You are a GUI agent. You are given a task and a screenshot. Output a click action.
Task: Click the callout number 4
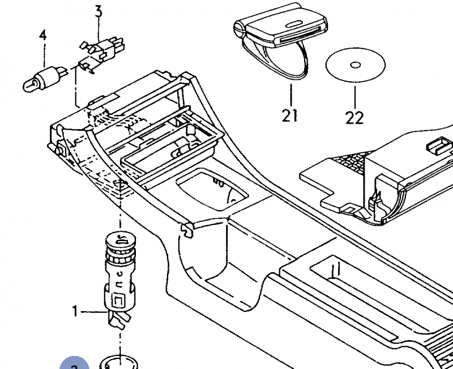[43, 35]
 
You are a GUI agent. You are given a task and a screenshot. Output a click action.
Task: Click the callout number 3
[98, 10]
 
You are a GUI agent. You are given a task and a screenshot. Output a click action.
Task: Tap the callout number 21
[289, 115]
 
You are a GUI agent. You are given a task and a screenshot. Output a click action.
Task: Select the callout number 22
[354, 117]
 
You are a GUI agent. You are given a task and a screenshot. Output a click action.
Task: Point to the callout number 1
[75, 310]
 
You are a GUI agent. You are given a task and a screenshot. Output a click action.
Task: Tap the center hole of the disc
[355, 65]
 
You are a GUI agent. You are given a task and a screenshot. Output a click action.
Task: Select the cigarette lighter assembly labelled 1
[121, 277]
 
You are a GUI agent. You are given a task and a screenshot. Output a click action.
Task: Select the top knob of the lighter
[121, 240]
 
